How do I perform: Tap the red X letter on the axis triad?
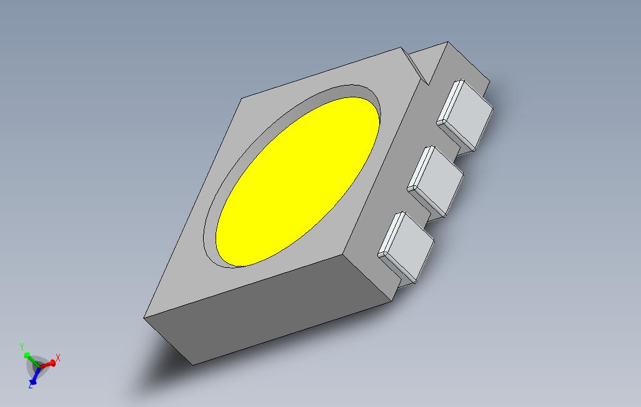click(58, 358)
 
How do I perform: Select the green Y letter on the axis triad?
click(22, 346)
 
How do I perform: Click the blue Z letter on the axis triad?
click(30, 386)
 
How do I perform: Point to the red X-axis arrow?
click(49, 363)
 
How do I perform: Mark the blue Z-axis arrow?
click(35, 375)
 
